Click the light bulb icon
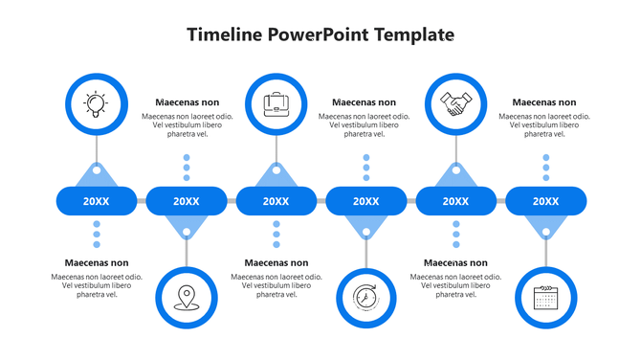(96, 102)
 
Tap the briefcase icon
(276, 102)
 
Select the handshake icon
(455, 102)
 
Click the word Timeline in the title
(225, 35)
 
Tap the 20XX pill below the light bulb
(96, 201)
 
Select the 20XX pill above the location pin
(186, 201)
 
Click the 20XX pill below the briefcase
(276, 201)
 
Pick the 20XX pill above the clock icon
(365, 201)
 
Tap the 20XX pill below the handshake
(455, 201)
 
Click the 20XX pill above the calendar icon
(545, 201)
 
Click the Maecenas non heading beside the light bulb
(187, 102)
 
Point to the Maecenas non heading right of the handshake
(543, 102)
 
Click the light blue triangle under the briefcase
(276, 175)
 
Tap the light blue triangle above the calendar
(545, 226)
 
